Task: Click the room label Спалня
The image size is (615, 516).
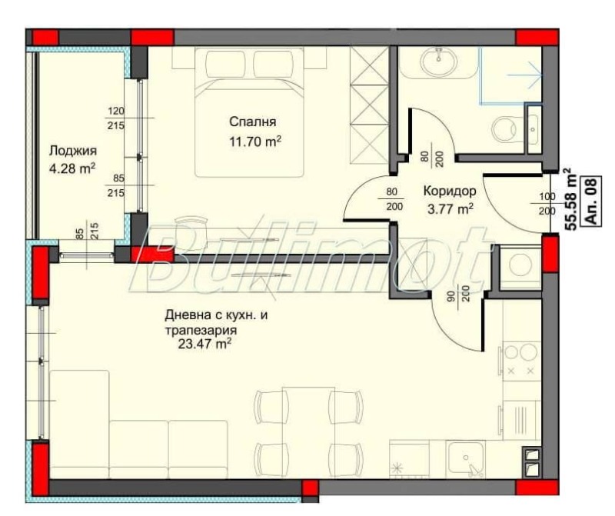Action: tap(252, 122)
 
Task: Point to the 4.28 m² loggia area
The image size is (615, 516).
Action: tap(72, 168)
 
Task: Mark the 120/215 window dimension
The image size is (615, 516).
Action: tap(116, 118)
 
